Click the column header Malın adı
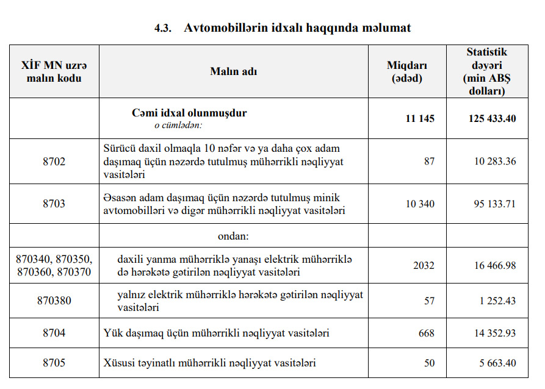coord(234,71)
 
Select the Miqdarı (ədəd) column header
coord(407,71)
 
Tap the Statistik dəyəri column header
coord(486,71)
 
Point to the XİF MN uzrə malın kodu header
coord(54,71)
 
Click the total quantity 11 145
coord(420,118)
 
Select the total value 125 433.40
coord(492,118)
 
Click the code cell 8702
coord(54,162)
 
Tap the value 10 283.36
coord(494,162)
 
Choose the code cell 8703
coord(54,204)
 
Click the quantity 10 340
coord(420,204)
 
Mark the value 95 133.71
coord(494,204)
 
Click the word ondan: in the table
coord(234,235)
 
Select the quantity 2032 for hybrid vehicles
coord(424,265)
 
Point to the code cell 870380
coord(54,301)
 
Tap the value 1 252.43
coord(497,301)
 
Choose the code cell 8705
coord(54,363)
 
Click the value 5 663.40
coord(497,363)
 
